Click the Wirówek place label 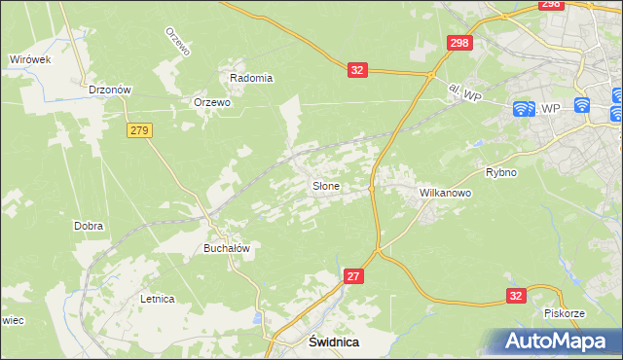coord(29,58)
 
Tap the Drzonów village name coord(109,89)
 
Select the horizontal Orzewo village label coord(211,102)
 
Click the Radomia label coord(250,78)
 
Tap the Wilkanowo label coord(445,193)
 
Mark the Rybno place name coord(500,172)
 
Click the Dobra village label coord(89,226)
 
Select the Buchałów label coord(227,248)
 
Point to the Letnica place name coord(157,299)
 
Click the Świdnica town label coord(334,342)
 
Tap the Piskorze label coord(564,313)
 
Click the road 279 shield coord(138,129)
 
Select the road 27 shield coord(354,277)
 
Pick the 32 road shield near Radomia coord(357,70)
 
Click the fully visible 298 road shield coord(459,44)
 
